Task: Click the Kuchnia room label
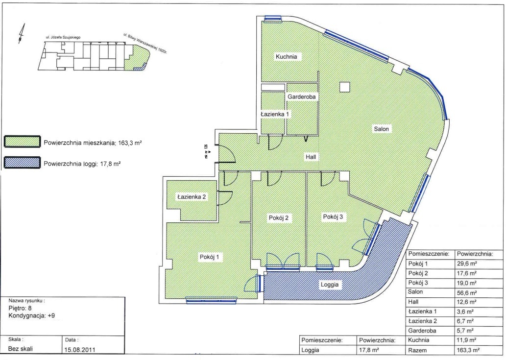coord(286,57)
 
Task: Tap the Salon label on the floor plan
coord(381,129)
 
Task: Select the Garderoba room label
coord(301,97)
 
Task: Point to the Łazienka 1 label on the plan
coord(275,114)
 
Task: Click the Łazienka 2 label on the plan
coord(192,197)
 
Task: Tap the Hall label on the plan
coord(311,157)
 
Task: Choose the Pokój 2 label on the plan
coord(279,218)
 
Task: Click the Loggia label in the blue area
coord(330,285)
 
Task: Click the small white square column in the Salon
coord(345,87)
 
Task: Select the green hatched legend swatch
coord(22,142)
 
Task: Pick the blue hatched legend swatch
coord(22,163)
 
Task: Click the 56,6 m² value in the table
coord(467,293)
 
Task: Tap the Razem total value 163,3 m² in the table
coord(468,350)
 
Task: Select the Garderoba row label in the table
coord(422,331)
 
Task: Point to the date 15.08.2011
coord(80,350)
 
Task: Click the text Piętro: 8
coord(20,308)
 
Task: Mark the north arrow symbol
coord(21,34)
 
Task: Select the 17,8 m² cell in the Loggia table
coord(369,350)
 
